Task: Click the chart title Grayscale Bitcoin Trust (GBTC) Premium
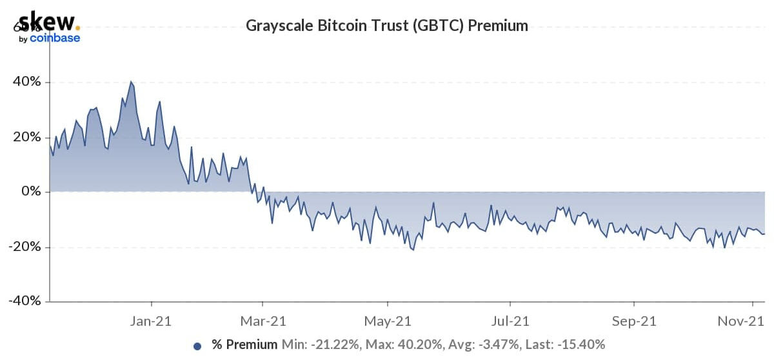pyautogui.click(x=387, y=26)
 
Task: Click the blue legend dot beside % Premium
pyautogui.click(x=197, y=345)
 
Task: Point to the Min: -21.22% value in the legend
pyautogui.click(x=310, y=345)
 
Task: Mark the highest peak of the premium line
pyautogui.click(x=131, y=82)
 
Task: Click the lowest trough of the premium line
pyautogui.click(x=413, y=250)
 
